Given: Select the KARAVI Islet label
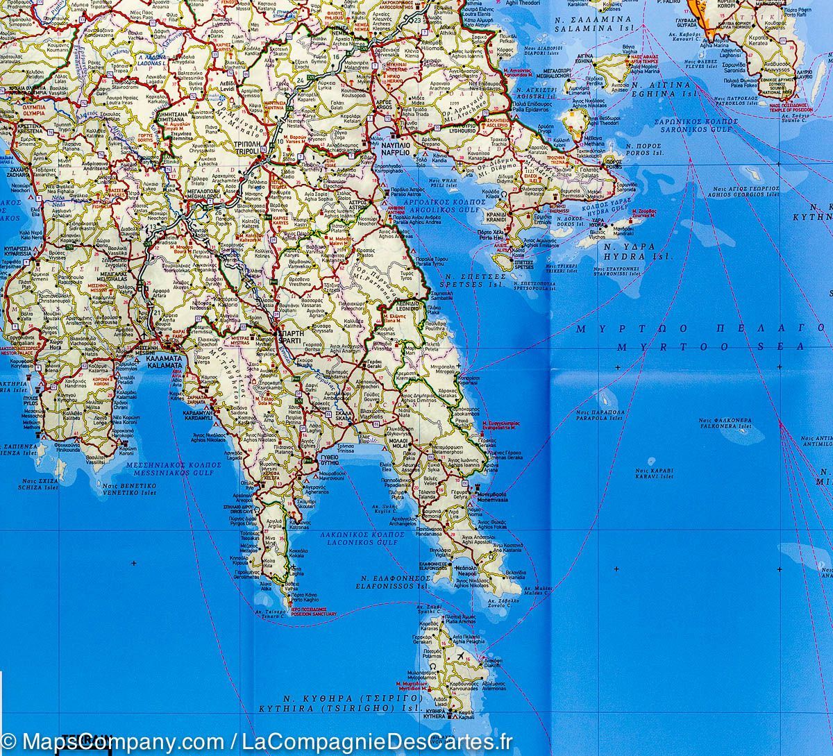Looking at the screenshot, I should click(654, 476).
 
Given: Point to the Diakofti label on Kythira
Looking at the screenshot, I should click(493, 665).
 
